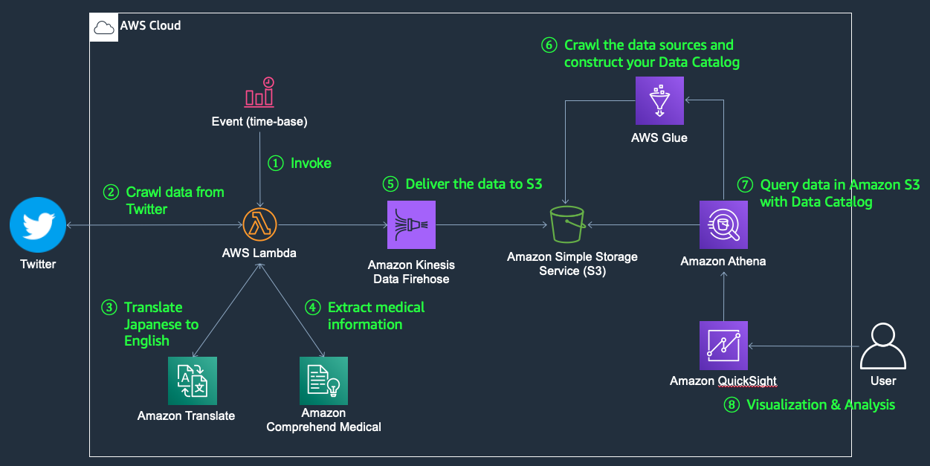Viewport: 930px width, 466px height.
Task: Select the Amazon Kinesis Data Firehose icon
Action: click(411, 224)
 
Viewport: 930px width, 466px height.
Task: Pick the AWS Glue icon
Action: click(659, 101)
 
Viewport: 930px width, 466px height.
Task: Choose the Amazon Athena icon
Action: click(723, 224)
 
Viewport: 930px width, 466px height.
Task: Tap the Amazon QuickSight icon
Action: click(723, 345)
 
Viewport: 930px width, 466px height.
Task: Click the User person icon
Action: click(883, 346)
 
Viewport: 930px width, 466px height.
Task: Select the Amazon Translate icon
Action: click(192, 381)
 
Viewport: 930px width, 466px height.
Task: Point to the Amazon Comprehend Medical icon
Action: click(323, 381)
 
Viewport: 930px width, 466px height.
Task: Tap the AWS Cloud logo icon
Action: click(104, 27)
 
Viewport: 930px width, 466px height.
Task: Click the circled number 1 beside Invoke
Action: click(276, 163)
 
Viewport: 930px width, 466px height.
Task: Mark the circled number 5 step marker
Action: click(391, 184)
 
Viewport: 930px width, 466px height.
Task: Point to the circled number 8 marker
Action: click(732, 405)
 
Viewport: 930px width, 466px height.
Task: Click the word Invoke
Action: click(311, 163)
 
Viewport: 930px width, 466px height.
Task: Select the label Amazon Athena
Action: click(723, 261)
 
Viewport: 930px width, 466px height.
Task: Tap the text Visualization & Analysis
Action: click(820, 405)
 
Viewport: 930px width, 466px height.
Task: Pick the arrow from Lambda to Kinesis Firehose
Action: click(331, 224)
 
